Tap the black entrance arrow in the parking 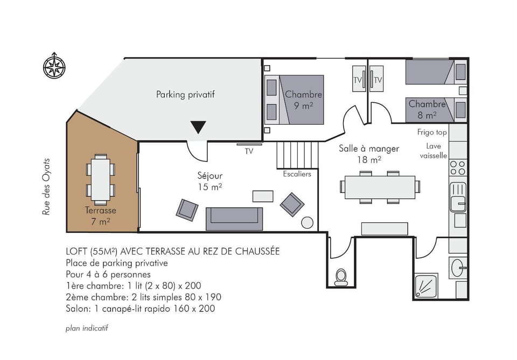click(198, 128)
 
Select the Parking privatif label click(185, 95)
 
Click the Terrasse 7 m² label click(100, 215)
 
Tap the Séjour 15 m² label click(209, 181)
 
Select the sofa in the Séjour click(234, 218)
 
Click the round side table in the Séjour click(307, 222)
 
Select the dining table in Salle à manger click(380, 187)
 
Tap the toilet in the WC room click(340, 277)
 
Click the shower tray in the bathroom click(427, 286)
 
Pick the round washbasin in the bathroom click(458, 267)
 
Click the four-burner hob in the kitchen click(458, 168)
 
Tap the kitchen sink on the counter click(458, 196)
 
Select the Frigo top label click(432, 132)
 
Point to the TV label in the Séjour click(249, 151)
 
